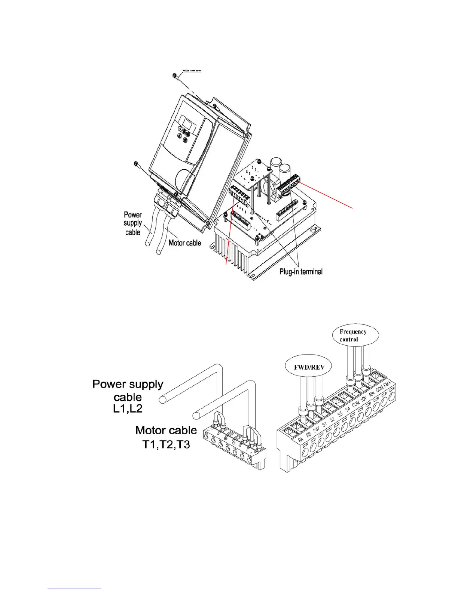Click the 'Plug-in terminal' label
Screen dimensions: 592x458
pyautogui.click(x=301, y=272)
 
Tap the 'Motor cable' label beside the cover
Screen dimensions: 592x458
pyautogui.click(x=184, y=243)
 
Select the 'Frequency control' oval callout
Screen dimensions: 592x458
pyautogui.click(x=353, y=336)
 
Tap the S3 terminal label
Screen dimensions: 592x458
pyautogui.click(x=340, y=416)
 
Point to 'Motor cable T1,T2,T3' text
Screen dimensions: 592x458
pyautogui.click(x=166, y=438)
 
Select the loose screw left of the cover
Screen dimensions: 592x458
pyautogui.click(x=135, y=164)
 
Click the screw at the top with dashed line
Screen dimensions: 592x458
pyautogui.click(x=175, y=77)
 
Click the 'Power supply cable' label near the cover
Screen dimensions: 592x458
pyautogui.click(x=133, y=223)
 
